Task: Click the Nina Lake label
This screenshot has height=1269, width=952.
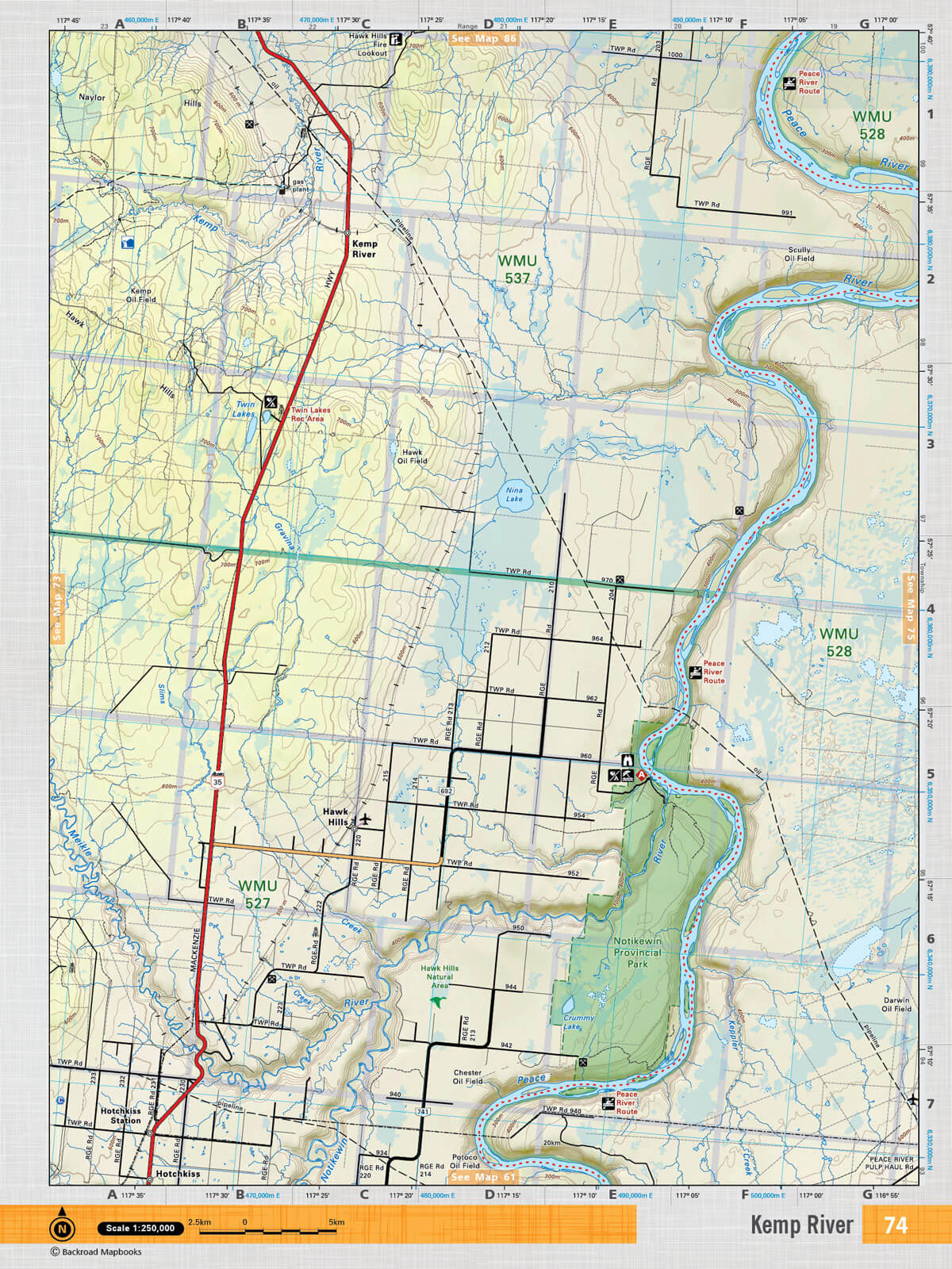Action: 514,495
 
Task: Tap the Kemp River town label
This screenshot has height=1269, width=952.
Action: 364,249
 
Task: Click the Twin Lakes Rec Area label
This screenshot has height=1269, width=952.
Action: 310,414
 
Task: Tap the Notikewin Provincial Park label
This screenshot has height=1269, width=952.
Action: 637,953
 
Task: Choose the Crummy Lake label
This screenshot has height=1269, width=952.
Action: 578,1022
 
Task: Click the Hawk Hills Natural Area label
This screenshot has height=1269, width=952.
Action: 440,972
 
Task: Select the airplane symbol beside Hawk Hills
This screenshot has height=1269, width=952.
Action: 365,819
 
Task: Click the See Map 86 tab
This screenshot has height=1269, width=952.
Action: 483,38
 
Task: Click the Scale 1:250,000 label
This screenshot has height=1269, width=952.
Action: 140,1228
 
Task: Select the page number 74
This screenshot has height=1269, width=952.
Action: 895,1225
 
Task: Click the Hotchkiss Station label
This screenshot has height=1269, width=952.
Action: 121,1116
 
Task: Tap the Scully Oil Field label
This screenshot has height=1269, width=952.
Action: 799,254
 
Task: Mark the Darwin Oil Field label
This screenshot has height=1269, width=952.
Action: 896,1005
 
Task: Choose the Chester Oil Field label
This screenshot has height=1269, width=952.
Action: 467,1076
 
